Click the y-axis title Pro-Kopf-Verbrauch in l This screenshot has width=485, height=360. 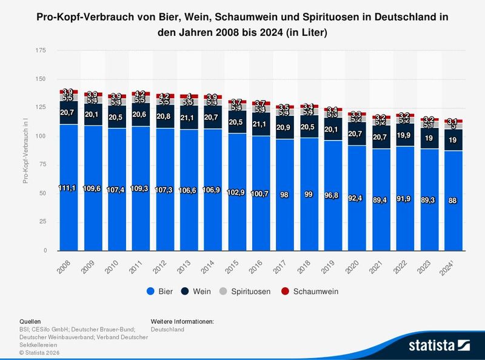(x=25, y=151)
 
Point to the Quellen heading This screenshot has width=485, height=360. (x=30, y=322)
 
